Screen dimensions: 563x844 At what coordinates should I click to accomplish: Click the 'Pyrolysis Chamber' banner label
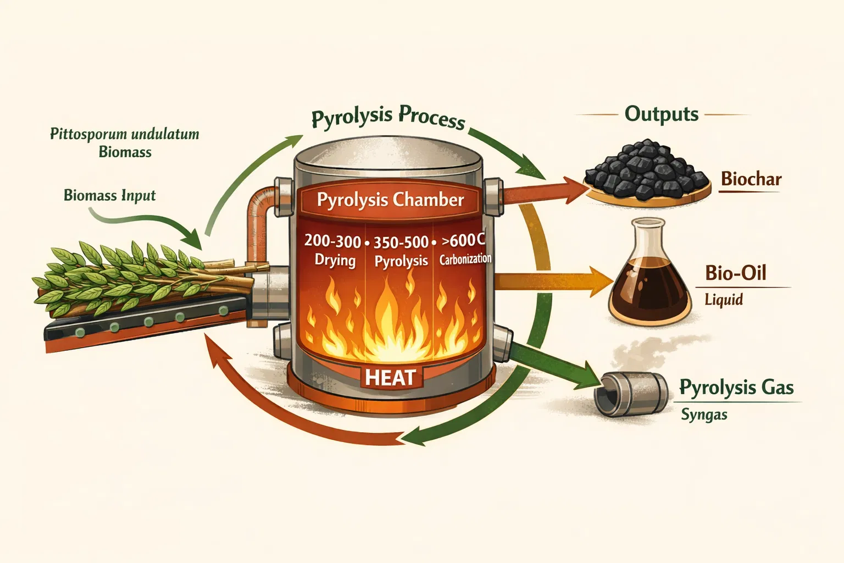(x=390, y=200)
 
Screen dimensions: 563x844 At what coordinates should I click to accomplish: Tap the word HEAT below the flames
(x=390, y=378)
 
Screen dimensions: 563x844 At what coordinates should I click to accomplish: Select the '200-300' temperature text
(x=332, y=241)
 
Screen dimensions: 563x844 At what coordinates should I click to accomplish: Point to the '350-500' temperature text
(x=401, y=242)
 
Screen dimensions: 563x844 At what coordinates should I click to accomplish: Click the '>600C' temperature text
(x=463, y=240)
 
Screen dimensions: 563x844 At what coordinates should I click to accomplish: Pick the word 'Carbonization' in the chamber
(x=465, y=259)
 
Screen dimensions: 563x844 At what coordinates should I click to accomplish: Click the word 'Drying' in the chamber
(x=335, y=260)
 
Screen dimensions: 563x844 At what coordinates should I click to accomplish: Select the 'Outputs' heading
(x=662, y=114)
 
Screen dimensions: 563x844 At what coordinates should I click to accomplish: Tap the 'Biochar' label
(x=751, y=179)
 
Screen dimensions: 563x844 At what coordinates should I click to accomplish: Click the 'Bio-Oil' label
(x=735, y=273)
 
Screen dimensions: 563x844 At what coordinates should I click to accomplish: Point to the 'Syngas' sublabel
(x=704, y=415)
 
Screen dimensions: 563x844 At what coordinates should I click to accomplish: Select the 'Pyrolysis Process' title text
(x=388, y=117)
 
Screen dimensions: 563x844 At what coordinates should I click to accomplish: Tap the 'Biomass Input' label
(x=109, y=195)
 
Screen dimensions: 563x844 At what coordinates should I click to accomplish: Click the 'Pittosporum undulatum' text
(x=125, y=134)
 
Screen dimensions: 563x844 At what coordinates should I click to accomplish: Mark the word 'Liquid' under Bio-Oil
(x=723, y=300)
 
